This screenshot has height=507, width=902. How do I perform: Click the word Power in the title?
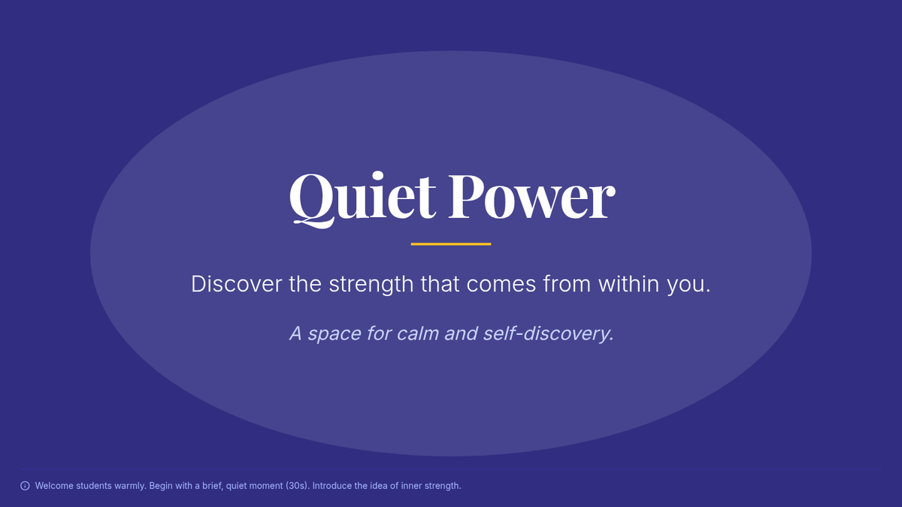tap(532, 197)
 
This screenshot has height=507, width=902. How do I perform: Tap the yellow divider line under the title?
tap(451, 244)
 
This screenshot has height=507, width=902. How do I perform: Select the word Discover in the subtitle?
tap(236, 284)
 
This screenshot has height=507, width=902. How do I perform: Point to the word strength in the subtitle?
tap(371, 285)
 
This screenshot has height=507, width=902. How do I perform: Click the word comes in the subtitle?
tap(501, 285)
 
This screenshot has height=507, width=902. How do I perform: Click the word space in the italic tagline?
tap(334, 334)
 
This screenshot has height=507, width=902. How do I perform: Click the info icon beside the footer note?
tap(25, 486)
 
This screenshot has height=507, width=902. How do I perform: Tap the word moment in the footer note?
tap(268, 486)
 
